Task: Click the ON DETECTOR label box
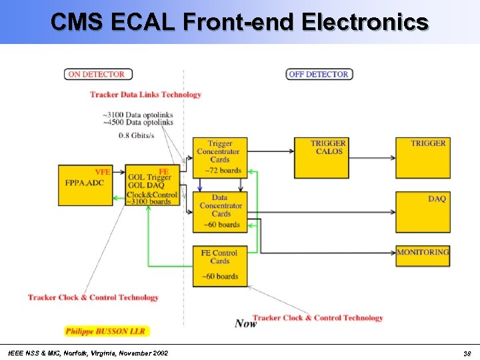coord(98,74)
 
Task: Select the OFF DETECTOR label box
coord(319,74)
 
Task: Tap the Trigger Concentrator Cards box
coord(220,157)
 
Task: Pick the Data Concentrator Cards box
coord(220,211)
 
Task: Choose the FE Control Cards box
coord(220,265)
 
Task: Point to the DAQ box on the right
coord(423,211)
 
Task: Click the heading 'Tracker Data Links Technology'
coord(145,95)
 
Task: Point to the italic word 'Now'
coord(245,323)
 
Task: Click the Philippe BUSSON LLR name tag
coord(107,331)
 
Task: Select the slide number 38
coord(467,353)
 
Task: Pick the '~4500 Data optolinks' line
coord(138,122)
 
